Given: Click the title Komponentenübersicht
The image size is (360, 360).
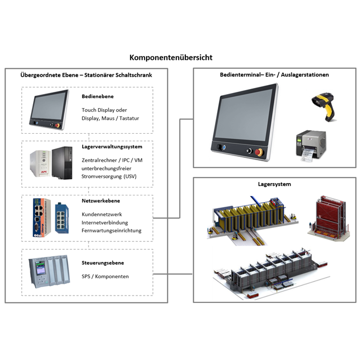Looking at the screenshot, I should click(x=171, y=58).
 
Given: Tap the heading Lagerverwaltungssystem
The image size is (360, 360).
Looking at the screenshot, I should click(x=112, y=147).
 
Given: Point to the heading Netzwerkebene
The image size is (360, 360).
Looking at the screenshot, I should click(x=101, y=200).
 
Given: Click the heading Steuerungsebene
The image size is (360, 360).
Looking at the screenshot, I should click(x=103, y=263).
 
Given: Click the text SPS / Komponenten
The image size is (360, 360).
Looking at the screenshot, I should click(x=105, y=277).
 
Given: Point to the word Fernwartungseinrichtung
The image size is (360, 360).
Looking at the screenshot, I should click(x=111, y=231).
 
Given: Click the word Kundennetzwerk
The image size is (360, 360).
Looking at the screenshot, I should click(x=102, y=214).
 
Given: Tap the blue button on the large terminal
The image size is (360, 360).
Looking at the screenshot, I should click(x=223, y=149).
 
